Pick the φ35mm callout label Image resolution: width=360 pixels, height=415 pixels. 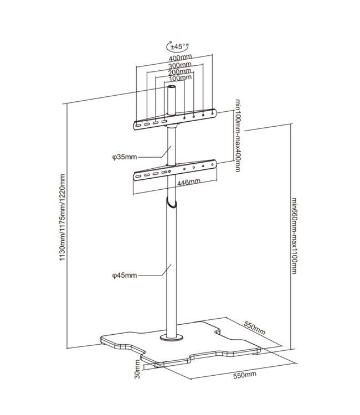[x=124, y=157]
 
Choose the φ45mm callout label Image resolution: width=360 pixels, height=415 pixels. [x=124, y=274]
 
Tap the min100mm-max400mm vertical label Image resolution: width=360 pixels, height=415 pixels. [x=238, y=136]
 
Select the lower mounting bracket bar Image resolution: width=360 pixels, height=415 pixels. [x=174, y=170]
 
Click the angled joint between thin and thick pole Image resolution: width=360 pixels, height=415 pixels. [x=171, y=201]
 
